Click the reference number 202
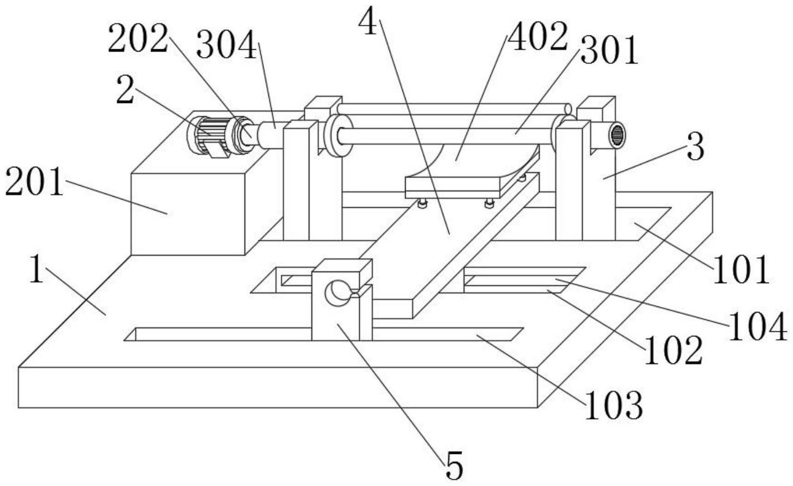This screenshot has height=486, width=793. [x=138, y=39]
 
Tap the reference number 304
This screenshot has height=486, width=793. [x=226, y=44]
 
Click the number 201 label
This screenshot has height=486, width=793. [x=34, y=182]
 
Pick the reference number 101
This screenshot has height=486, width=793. [x=741, y=270]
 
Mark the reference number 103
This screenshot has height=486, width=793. [x=614, y=405]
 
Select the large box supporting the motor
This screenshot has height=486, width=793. [x=188, y=214]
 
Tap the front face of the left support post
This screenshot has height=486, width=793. [x=296, y=183]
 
